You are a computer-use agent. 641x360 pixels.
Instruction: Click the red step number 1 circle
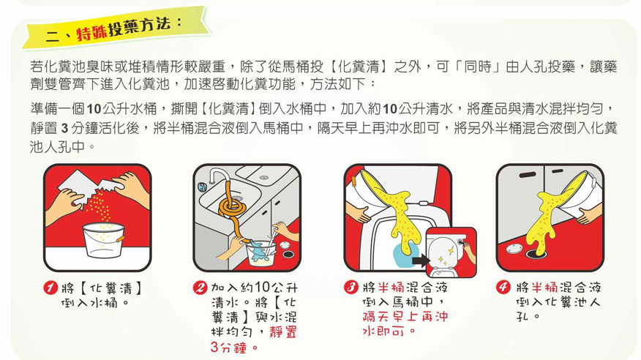point(50,288)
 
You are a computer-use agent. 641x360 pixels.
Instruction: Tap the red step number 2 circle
point(200,288)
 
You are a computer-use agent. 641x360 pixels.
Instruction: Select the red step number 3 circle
point(351,288)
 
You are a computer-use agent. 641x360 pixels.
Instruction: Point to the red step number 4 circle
point(503,287)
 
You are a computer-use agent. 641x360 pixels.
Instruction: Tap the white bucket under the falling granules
point(103,240)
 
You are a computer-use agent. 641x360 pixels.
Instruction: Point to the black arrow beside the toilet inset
point(419,260)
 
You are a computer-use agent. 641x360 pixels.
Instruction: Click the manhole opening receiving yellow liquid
point(536,254)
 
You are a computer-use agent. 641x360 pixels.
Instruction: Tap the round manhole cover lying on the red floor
point(513,248)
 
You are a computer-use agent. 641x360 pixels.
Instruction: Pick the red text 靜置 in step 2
point(283,331)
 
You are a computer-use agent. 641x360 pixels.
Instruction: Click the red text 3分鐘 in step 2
point(228,348)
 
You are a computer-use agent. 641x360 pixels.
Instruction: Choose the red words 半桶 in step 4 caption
point(544,288)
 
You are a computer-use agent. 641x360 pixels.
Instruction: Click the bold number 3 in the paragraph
point(64,128)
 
